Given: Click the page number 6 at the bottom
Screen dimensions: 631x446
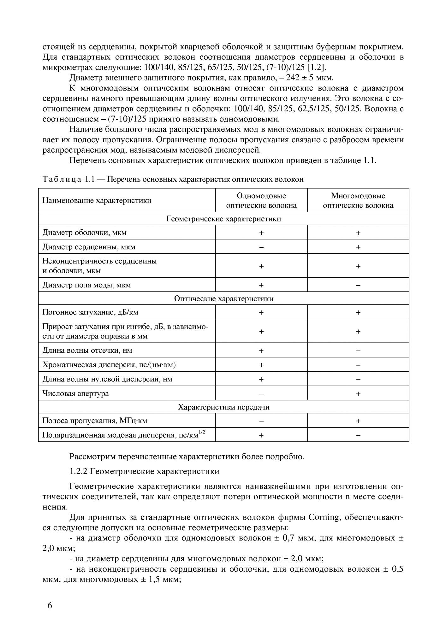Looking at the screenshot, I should [49, 606].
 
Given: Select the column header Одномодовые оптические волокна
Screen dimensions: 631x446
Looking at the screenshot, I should [261, 200].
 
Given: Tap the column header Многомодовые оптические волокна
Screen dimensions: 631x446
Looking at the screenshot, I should [358, 200].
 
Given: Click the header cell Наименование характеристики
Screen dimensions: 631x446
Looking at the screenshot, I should [97, 200].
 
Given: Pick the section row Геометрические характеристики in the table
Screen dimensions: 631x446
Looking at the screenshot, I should [223, 219].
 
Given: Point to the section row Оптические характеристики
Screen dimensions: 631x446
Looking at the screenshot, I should [223, 298].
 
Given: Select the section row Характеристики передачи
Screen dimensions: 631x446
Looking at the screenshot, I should [223, 407].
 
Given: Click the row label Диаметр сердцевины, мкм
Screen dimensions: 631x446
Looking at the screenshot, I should [89, 247].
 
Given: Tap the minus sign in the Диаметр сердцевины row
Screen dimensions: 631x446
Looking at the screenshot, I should [261, 247].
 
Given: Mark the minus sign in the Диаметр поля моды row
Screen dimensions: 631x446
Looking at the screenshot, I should [358, 285].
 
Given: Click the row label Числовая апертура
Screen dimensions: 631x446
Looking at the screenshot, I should [76, 393].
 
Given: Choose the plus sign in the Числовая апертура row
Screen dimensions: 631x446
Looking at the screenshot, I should [358, 394].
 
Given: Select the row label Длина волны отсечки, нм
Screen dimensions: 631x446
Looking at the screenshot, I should [87, 351].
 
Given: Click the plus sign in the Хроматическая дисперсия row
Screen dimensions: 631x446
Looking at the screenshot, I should [261, 365].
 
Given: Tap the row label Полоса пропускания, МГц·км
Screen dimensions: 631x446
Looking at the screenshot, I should [95, 421].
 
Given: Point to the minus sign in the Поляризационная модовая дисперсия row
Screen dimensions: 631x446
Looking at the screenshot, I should [358, 435].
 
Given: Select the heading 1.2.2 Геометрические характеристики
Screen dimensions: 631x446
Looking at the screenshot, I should [144, 471].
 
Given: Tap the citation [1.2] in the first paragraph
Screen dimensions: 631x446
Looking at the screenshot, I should [317, 67].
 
